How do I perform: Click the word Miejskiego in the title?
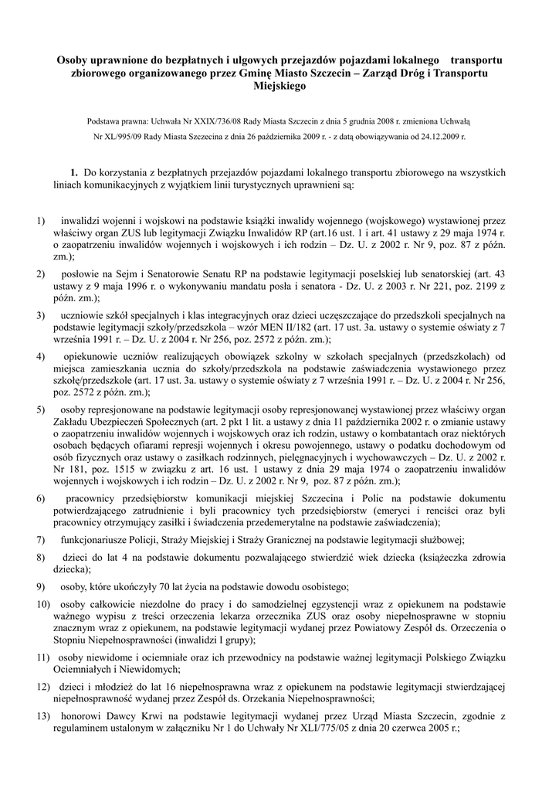coord(279,86)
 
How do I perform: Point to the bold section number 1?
coord(74,173)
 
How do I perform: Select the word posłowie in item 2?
coord(80,274)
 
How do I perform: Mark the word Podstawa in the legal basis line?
coord(107,122)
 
